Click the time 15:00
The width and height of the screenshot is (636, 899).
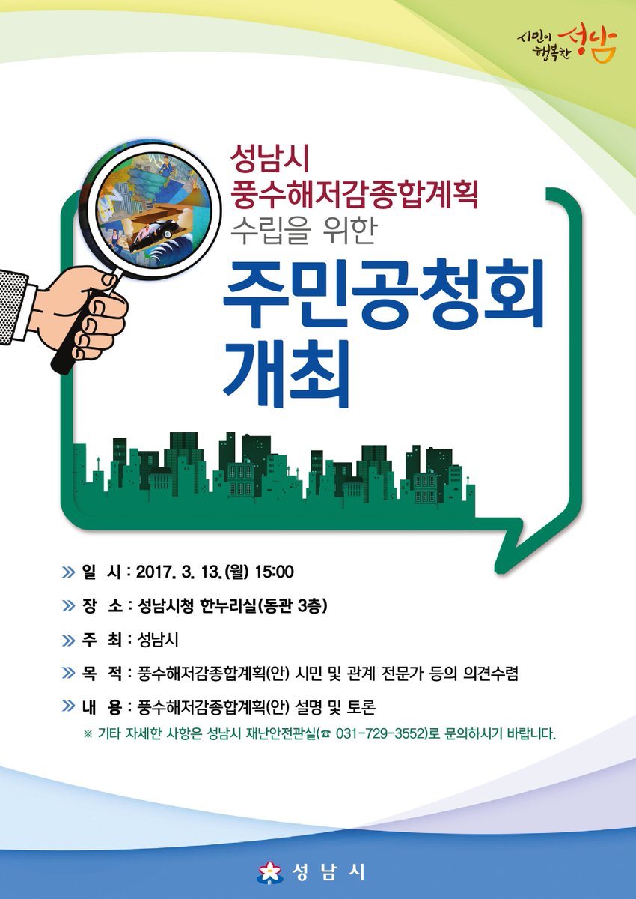(x=274, y=573)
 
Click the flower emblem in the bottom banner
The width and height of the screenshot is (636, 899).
(x=267, y=871)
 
